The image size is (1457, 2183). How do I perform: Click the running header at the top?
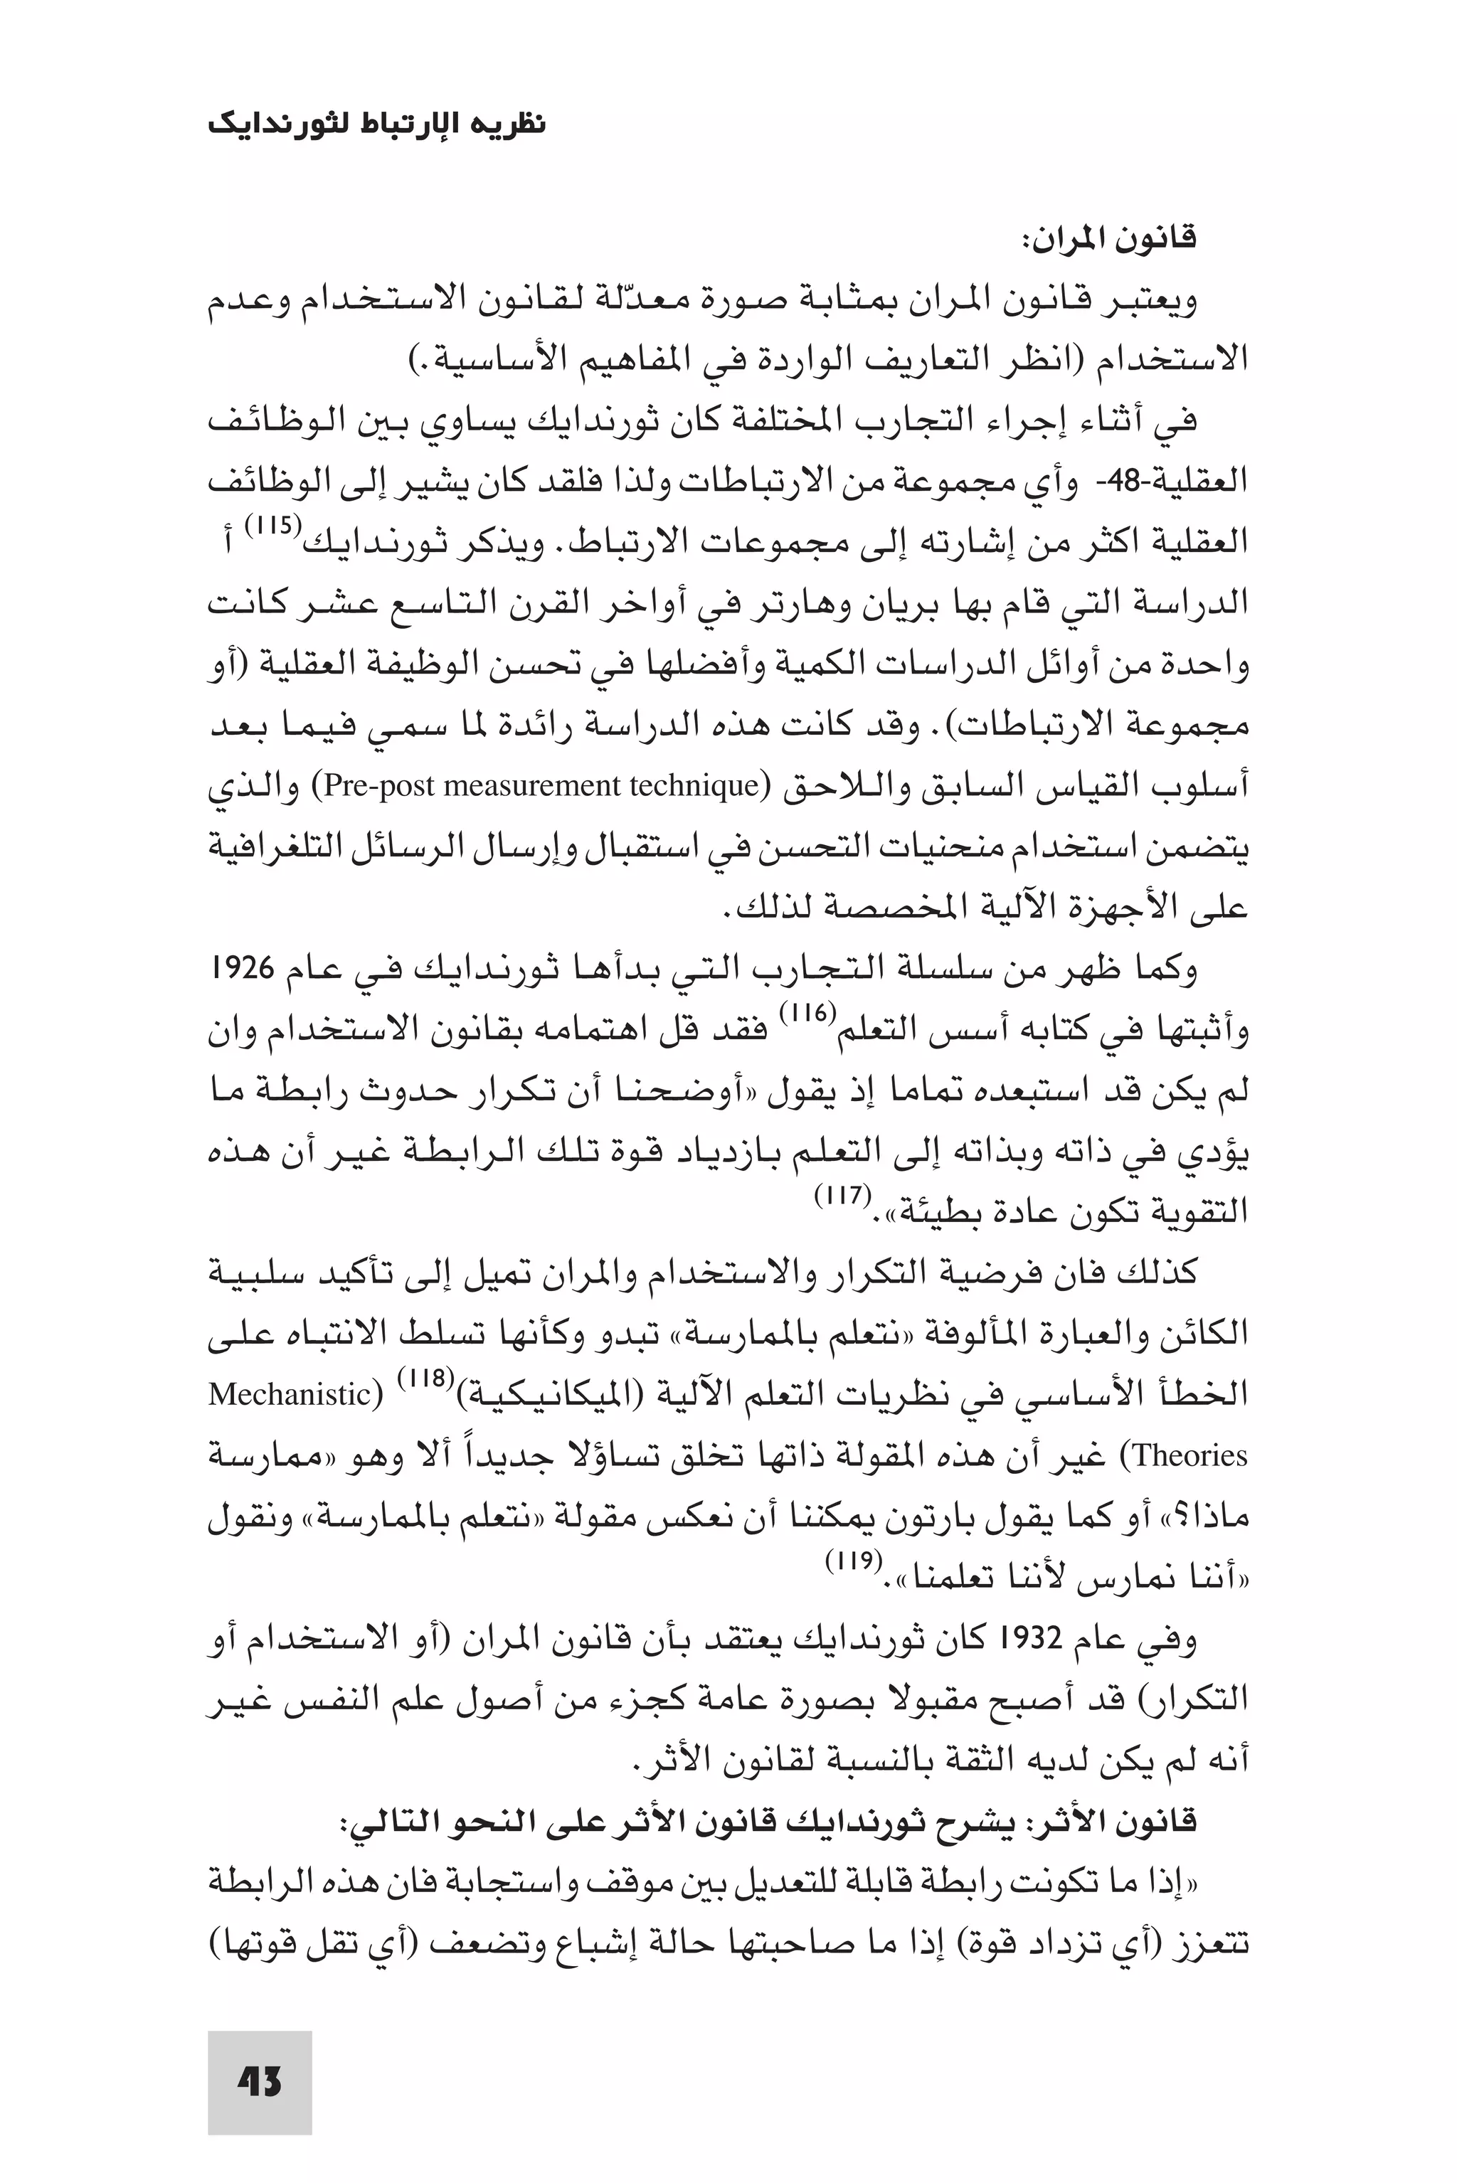[376, 124]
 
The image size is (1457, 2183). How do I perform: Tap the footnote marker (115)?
[273, 525]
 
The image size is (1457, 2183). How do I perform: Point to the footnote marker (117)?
[842, 1194]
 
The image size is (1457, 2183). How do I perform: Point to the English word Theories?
[1190, 1455]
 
